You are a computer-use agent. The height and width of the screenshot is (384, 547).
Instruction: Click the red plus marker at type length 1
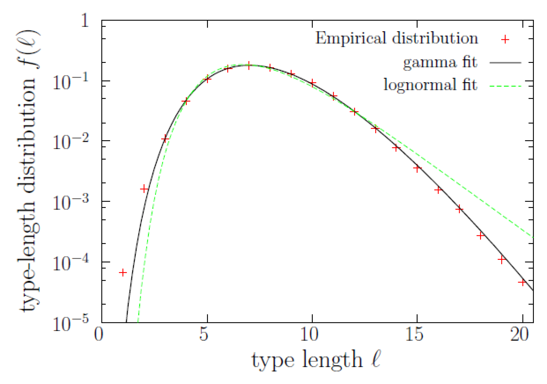(x=123, y=272)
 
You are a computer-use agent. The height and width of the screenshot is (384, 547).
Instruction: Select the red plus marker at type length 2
(x=144, y=189)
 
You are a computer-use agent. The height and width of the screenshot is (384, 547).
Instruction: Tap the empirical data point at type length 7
(x=249, y=66)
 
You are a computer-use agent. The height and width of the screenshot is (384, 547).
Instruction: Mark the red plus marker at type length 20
(x=522, y=282)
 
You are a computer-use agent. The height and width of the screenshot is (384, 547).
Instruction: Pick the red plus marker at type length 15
(x=417, y=169)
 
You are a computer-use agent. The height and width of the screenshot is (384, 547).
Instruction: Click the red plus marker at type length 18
(x=481, y=236)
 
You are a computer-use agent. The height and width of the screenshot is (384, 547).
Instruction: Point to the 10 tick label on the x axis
(x=309, y=334)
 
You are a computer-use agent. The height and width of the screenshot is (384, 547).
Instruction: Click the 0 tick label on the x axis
(x=99, y=334)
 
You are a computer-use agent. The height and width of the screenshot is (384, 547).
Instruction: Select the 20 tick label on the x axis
(x=519, y=334)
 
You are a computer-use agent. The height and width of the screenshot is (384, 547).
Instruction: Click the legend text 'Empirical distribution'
(x=396, y=38)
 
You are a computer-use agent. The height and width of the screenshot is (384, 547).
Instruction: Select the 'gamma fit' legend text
(x=440, y=62)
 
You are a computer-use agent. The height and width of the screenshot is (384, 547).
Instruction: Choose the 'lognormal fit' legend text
(x=430, y=85)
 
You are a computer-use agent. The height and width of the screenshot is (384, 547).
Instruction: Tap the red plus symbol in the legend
(x=505, y=39)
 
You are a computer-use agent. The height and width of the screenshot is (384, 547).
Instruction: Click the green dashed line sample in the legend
(x=505, y=86)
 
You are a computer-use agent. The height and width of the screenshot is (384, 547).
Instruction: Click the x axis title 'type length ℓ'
(x=316, y=360)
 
